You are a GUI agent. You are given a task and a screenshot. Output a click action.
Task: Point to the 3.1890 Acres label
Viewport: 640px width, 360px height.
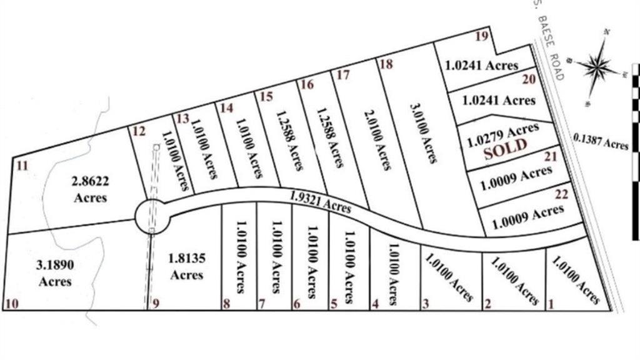click(55, 273)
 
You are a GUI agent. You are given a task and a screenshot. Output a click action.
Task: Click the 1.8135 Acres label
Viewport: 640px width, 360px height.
click(186, 266)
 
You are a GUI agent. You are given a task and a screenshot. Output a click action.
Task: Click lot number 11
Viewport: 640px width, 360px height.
click(22, 166)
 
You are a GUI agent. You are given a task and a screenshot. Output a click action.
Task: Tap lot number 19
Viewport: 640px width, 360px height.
click(481, 36)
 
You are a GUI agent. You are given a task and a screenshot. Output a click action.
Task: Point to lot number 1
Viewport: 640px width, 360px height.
click(551, 305)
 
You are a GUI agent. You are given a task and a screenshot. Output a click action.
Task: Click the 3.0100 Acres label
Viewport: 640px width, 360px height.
click(423, 133)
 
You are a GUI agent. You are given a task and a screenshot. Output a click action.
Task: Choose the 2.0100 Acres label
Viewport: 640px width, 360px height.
click(377, 139)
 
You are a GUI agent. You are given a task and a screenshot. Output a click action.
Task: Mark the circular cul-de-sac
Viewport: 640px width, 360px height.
click(152, 216)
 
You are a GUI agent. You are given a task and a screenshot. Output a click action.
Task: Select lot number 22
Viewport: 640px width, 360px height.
click(561, 195)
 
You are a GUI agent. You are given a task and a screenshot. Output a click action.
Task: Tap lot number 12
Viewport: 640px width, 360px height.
click(139, 131)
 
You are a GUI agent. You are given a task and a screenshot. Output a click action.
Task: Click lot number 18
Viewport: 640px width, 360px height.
click(386, 64)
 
